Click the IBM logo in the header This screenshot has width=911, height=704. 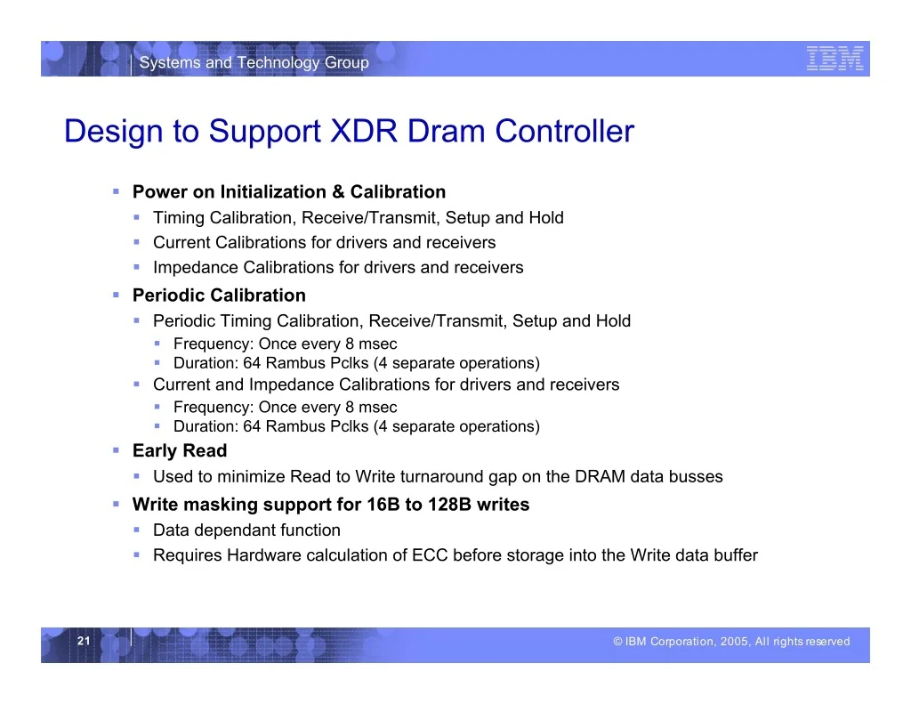coord(834,59)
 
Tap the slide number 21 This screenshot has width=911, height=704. coord(85,641)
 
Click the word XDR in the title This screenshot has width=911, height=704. coord(364,131)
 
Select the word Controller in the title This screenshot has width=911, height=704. coord(564,131)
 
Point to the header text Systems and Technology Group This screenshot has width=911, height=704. coord(254,62)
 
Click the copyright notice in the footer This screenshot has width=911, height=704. coord(731,641)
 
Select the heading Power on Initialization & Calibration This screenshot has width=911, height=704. coord(289,192)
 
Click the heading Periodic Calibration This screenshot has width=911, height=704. coord(219,295)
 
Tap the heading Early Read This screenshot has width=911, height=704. coord(180,450)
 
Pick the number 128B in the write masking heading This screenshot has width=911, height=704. coord(449,504)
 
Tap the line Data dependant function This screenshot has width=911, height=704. coord(246,530)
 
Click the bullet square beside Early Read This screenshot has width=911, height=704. coord(117,450)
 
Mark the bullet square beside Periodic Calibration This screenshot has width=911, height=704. coord(117,295)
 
